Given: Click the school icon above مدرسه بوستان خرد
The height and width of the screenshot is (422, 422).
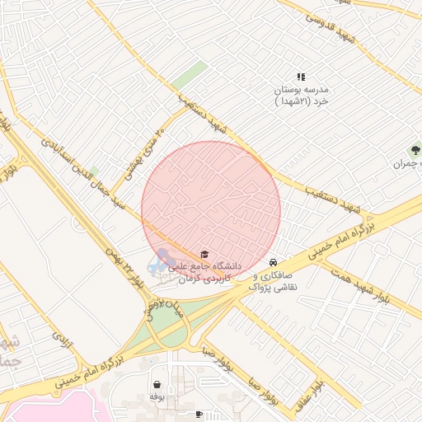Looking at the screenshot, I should (x=302, y=77).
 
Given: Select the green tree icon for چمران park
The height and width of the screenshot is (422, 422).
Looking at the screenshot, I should (x=415, y=151).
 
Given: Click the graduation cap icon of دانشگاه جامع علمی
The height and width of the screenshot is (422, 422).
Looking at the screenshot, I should (x=204, y=254).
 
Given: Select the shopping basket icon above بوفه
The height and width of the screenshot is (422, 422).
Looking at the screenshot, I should (x=157, y=384).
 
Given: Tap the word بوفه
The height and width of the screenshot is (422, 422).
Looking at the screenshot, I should (x=157, y=397).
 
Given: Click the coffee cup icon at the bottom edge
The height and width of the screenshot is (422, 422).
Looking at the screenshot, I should (x=199, y=415).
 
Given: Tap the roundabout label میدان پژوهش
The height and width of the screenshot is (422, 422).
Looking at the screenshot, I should (x=154, y=300).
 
